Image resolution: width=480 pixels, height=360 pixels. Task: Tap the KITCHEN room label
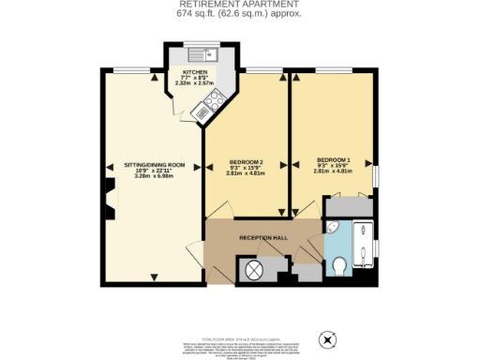click(x=195, y=71)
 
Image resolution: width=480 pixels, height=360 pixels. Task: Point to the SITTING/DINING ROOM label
click(x=154, y=164)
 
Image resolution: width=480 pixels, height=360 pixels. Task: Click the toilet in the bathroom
click(x=340, y=268)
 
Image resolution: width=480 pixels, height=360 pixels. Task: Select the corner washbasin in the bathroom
click(x=334, y=228)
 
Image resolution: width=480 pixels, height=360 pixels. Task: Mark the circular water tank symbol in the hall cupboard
click(x=253, y=271)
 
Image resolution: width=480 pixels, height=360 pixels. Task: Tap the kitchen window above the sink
click(x=199, y=43)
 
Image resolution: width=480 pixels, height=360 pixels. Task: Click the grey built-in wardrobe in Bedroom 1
click(x=351, y=205)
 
